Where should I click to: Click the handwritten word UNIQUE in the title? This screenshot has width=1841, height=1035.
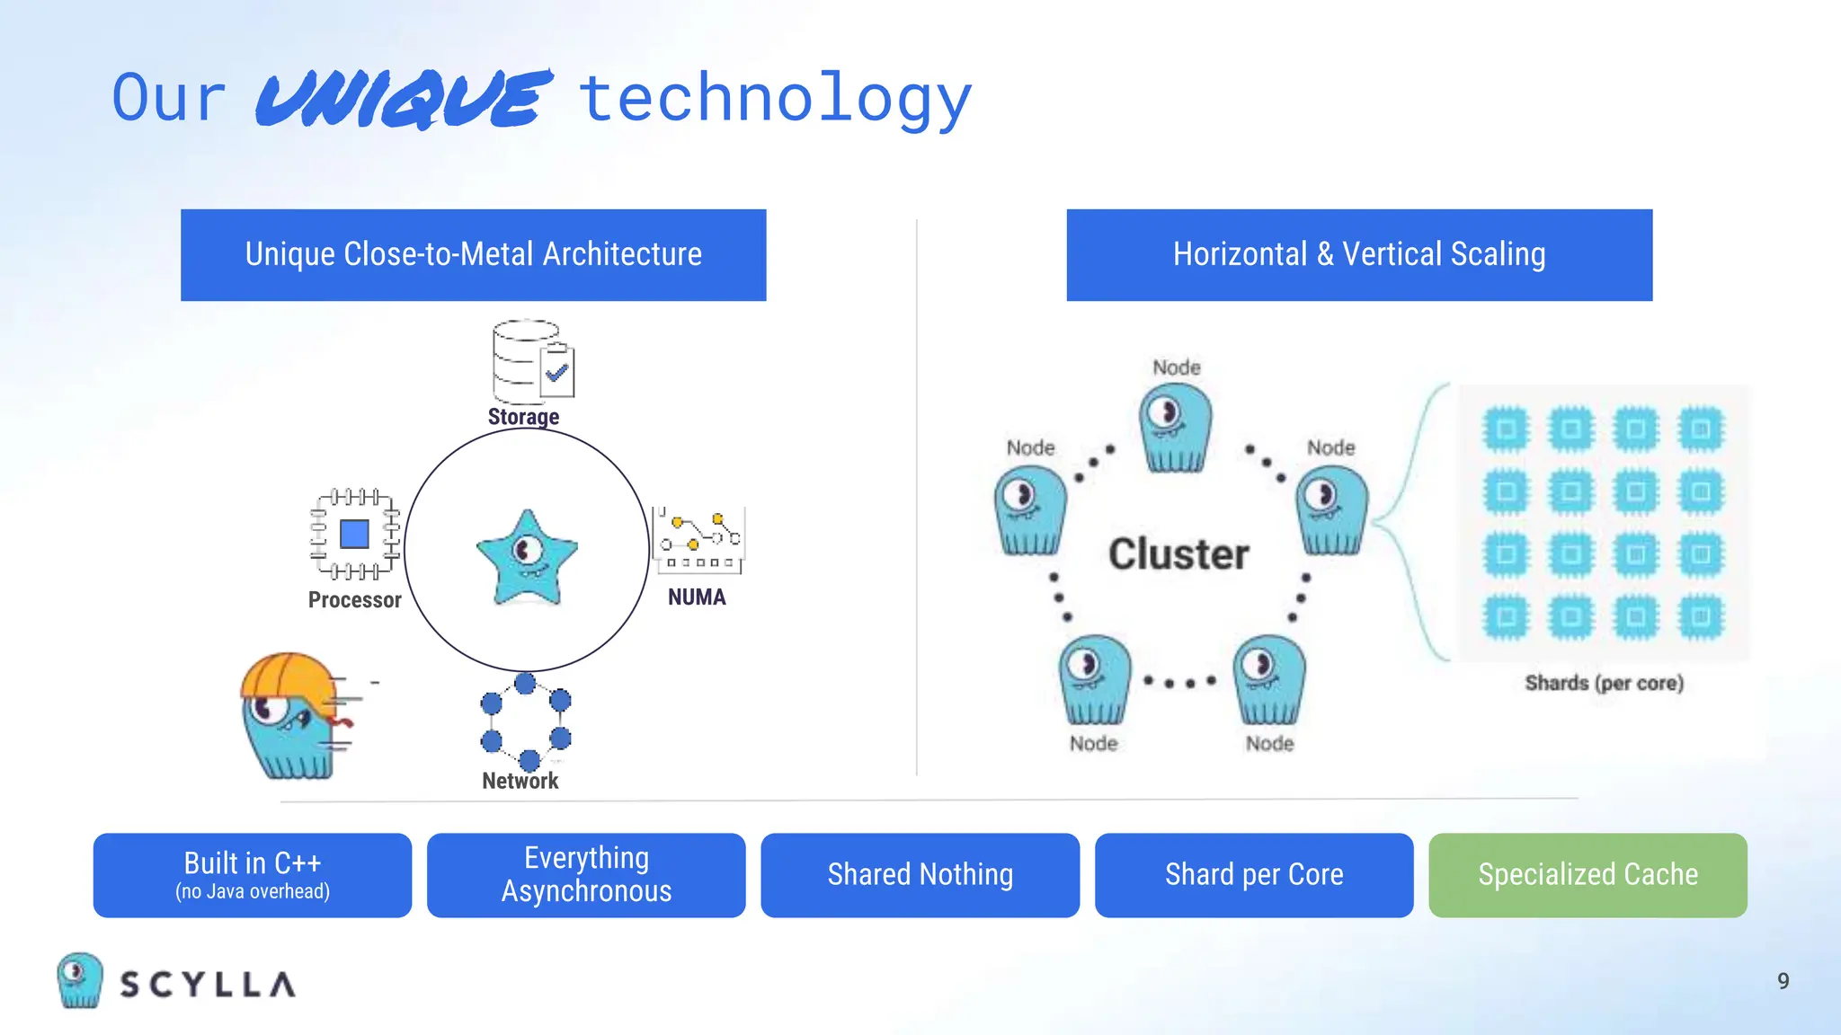point(402,99)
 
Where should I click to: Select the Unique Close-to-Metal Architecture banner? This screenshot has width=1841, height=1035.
point(473,254)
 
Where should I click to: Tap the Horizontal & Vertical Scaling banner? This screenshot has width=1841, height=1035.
point(1358,254)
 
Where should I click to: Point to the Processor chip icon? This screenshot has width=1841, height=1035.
point(355,535)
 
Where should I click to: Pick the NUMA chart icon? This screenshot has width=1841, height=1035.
point(698,540)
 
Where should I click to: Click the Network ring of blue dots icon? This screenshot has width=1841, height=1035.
point(525,721)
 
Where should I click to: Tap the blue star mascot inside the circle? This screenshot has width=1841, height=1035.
point(527,557)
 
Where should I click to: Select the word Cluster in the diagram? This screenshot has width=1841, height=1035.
point(1178,553)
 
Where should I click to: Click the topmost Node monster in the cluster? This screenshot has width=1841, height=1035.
point(1175,428)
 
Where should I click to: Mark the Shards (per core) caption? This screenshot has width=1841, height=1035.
point(1604,683)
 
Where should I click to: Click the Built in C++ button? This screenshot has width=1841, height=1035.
point(253,875)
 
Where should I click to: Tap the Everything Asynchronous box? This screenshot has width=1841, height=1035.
point(586,875)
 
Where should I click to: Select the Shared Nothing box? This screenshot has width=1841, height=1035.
point(920,875)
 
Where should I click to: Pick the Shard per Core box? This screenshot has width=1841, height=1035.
point(1254,875)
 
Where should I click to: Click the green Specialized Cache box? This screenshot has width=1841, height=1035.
point(1588,875)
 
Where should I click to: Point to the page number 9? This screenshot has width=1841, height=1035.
point(1783,981)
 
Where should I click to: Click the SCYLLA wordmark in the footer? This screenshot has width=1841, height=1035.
point(208,985)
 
